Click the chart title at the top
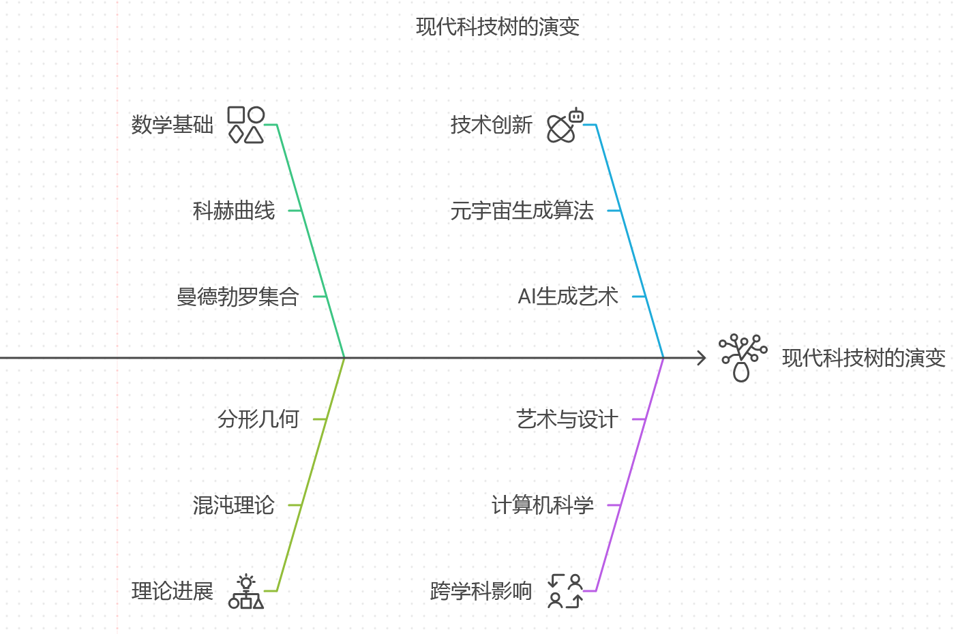498,27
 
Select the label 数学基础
173,125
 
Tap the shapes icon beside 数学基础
245,125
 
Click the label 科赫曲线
234,211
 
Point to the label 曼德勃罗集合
238,297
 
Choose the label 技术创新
492,125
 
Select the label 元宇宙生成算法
522,211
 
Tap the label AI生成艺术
568,297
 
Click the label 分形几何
258,419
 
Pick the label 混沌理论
234,505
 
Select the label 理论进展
173,591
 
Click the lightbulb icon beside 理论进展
246,591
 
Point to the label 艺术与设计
567,419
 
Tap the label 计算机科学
543,505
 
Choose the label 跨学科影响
481,591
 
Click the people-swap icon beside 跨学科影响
565,591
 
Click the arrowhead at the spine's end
702,358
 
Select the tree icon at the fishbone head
743,357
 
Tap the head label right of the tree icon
864,358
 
